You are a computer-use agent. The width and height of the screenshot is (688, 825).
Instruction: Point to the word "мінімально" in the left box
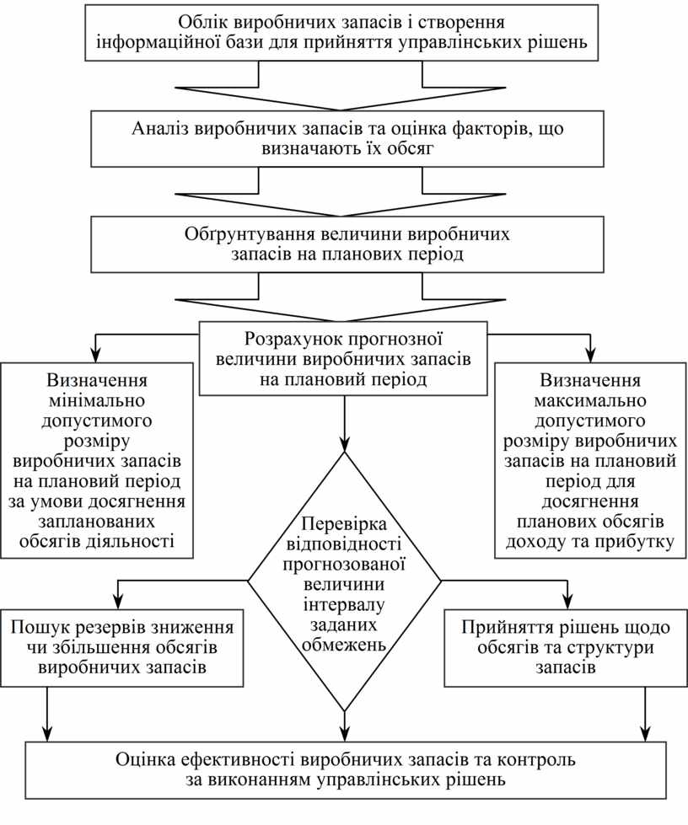98,399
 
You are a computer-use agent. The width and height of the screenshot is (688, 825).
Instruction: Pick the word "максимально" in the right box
590,399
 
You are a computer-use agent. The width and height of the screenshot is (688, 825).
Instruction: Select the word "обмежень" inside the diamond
344,645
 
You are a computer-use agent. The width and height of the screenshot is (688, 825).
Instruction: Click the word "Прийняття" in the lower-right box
502,628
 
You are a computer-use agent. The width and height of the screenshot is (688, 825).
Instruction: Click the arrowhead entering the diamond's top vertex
345,443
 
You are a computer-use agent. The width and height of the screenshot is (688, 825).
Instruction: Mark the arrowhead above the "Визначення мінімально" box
98,354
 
